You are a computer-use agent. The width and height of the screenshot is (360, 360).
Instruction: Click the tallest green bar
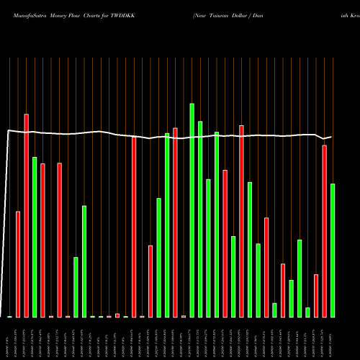192,209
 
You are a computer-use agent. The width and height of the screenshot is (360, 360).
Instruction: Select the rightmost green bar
333,250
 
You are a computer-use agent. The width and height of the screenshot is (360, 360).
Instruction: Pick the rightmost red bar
324,230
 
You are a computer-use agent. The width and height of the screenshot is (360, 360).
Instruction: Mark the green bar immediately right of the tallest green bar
200,219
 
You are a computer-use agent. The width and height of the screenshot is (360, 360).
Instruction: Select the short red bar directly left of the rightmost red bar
316,295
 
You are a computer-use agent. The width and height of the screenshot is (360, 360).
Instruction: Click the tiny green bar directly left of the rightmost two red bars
307,312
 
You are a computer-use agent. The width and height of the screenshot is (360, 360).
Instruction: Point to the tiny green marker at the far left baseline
9,317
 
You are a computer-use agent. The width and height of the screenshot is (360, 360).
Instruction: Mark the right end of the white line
332,137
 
